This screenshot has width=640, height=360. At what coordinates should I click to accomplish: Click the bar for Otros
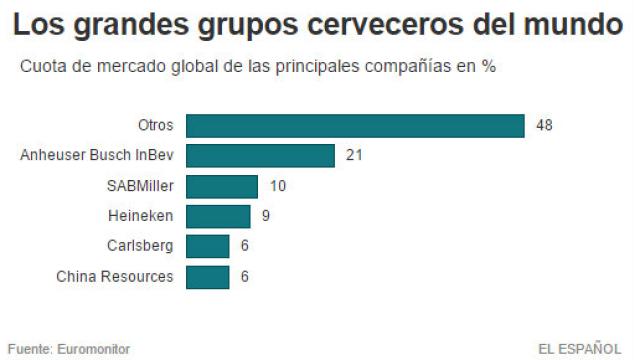pyautogui.click(x=355, y=126)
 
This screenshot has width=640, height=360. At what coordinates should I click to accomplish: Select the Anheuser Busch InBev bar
pyautogui.click(x=260, y=156)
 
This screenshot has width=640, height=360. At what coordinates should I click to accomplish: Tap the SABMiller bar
pyautogui.click(x=222, y=186)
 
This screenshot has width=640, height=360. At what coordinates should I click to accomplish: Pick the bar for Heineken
pyautogui.click(x=218, y=216)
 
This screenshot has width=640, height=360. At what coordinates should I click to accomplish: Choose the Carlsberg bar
pyautogui.click(x=208, y=246)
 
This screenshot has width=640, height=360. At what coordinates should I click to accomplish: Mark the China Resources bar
pyautogui.click(x=208, y=276)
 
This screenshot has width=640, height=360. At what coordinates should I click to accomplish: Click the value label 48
pyautogui.click(x=544, y=126)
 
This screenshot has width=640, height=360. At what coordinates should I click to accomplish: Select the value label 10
pyautogui.click(x=277, y=186)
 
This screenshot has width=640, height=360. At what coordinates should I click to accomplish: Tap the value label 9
pyautogui.click(x=266, y=216)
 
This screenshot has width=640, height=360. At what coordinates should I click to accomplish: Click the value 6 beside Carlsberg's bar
pyautogui.click(x=245, y=246)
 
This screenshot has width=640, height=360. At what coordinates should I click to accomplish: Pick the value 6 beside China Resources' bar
pyautogui.click(x=245, y=276)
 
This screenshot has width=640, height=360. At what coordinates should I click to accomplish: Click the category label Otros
pyautogui.click(x=155, y=126)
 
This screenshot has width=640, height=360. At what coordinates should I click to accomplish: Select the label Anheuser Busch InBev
pyautogui.click(x=97, y=156)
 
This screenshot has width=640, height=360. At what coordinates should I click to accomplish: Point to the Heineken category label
pyautogui.click(x=140, y=216)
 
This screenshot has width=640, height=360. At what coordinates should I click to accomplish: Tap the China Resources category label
pyautogui.click(x=115, y=276)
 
